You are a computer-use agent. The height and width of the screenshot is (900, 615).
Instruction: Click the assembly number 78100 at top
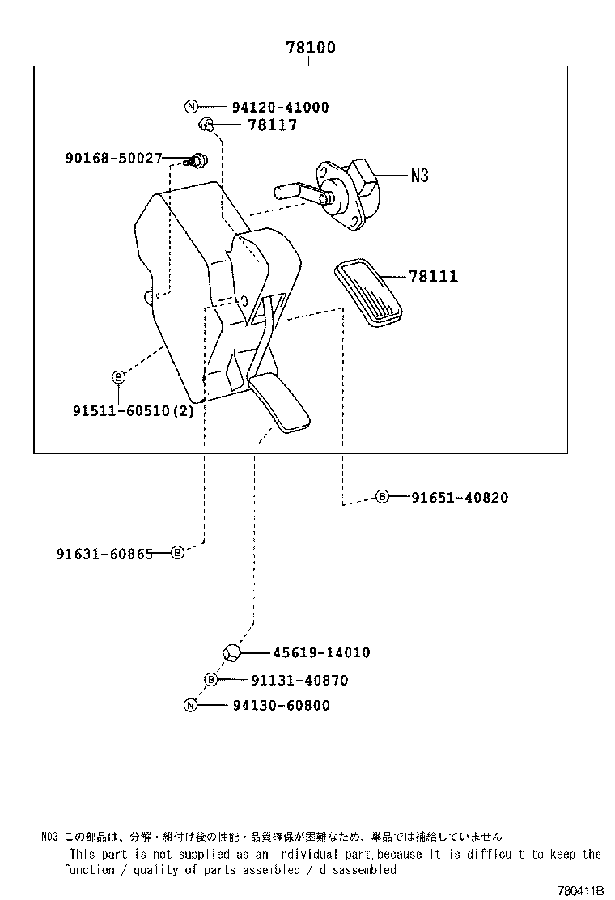(310, 48)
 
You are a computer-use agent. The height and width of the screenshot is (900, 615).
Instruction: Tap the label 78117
(272, 125)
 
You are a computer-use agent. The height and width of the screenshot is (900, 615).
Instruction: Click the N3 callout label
(418, 175)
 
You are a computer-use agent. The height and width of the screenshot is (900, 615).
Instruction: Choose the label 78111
(433, 277)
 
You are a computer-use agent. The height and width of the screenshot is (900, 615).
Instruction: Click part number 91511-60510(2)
(134, 410)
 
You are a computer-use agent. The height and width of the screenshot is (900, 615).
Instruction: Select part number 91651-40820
(459, 498)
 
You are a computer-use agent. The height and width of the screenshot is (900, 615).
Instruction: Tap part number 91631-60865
(104, 554)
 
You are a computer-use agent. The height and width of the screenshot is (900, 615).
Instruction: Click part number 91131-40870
(299, 681)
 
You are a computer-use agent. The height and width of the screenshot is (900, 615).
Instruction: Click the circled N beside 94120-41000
(191, 107)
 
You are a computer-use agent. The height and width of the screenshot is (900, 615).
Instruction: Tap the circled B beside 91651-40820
(382, 497)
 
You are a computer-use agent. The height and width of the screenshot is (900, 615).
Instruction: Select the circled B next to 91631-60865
(177, 554)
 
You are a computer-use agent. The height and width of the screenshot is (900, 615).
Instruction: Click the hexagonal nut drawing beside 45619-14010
(229, 652)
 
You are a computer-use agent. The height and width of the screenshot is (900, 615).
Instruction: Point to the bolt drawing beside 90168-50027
(197, 159)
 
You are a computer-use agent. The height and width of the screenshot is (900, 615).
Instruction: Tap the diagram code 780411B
(582, 890)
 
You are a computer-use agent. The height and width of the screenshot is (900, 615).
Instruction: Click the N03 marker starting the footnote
(49, 837)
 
